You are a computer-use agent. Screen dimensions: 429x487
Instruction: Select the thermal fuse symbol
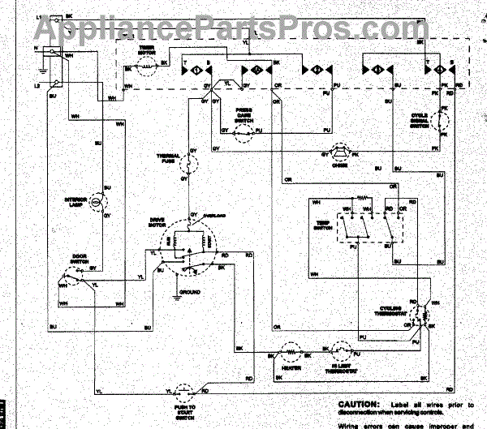pos(192,165)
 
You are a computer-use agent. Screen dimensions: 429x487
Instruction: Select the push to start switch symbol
pos(185,391)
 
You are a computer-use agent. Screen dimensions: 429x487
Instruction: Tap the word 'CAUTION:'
pos(357,404)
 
